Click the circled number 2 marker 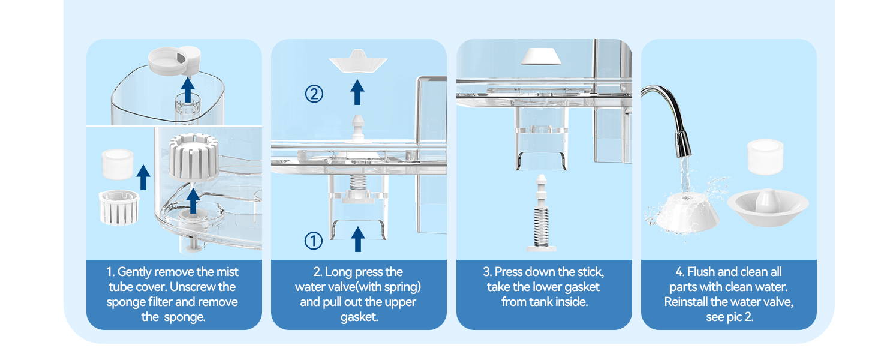click(314, 94)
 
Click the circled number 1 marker click(314, 241)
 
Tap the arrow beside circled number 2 click(357, 93)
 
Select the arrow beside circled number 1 click(357, 239)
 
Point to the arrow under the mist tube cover click(188, 90)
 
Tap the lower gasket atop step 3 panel click(540, 56)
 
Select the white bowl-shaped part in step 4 click(768, 206)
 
